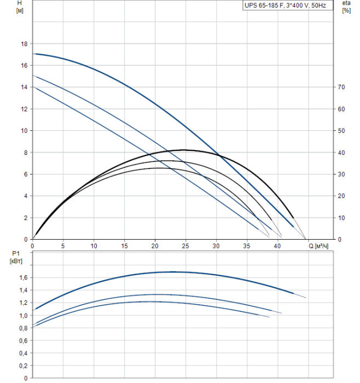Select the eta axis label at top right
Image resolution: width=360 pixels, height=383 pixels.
(346, 3)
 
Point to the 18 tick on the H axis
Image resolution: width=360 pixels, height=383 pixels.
(24, 44)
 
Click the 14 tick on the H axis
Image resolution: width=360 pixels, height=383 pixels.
(24, 87)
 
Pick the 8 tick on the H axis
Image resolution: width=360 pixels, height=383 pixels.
(25, 153)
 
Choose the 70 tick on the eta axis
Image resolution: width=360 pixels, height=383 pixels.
(341, 87)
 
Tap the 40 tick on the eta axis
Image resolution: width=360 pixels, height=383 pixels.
(341, 153)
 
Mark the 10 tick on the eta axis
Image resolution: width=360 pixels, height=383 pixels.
(341, 218)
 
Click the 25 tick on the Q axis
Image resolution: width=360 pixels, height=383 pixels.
(185, 245)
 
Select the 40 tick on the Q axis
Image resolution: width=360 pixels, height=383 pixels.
(277, 245)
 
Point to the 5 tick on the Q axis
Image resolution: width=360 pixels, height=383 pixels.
(63, 245)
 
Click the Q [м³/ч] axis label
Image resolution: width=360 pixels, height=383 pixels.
(318, 246)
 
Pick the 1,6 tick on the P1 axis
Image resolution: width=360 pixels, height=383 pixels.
(22, 278)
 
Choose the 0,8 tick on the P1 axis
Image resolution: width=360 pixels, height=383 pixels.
(22, 328)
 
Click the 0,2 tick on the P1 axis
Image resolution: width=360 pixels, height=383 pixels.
(22, 365)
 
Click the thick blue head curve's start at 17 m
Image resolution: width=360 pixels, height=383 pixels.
(34, 54)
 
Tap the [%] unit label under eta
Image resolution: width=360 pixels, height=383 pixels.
(346, 11)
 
